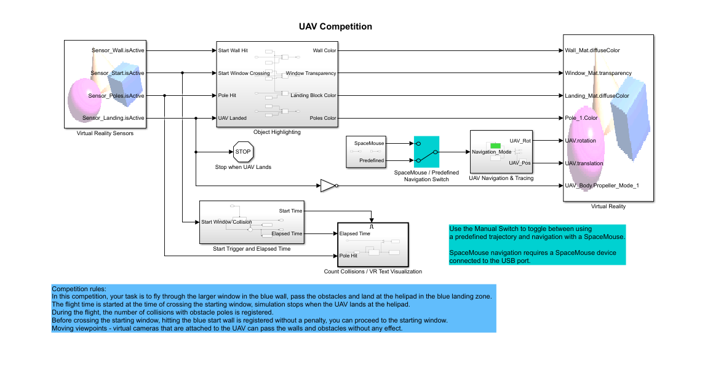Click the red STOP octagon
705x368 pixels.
pyautogui.click(x=244, y=151)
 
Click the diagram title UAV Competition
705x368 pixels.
pyautogui.click(x=335, y=27)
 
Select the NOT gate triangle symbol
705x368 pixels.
pyautogui.click(x=327, y=185)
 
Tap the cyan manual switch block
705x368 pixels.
pyautogui.click(x=426, y=152)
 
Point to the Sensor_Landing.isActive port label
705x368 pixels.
pyautogui.click(x=113, y=118)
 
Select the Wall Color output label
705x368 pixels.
pyautogui.click(x=324, y=50)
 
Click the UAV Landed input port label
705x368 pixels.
pyautogui.click(x=233, y=118)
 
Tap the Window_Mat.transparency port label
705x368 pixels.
pyautogui.click(x=598, y=73)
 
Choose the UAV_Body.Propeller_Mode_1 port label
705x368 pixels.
pyautogui.click(x=602, y=185)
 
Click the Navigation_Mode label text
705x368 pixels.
pyautogui.click(x=492, y=152)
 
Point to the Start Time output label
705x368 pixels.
pyautogui.click(x=290, y=211)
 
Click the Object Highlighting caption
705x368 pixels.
pyautogui.click(x=277, y=132)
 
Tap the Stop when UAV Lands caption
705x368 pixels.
pyautogui.click(x=243, y=167)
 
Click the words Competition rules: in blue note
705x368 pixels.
pyautogui.click(x=79, y=289)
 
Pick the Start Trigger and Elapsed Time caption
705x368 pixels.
pyautogui.click(x=252, y=249)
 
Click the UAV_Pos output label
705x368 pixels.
pyautogui.click(x=520, y=163)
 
